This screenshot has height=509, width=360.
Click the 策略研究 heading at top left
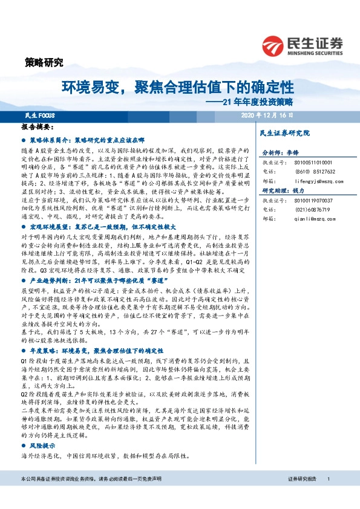pos(44,62)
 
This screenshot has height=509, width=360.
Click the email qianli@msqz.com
pos(301,216)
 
